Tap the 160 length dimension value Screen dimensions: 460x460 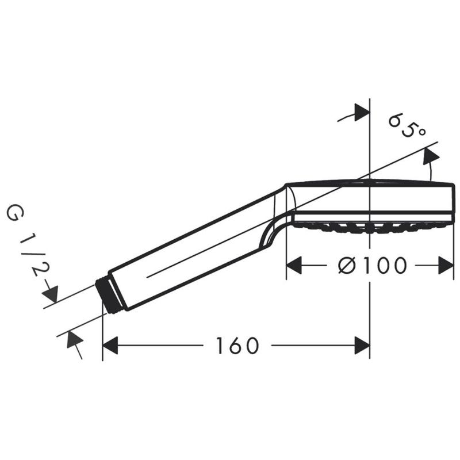(x=237, y=346)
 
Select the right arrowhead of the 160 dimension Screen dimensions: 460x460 (x=362, y=346)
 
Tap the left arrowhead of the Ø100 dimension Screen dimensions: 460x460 (x=294, y=266)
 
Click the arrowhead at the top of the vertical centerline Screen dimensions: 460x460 (x=362, y=113)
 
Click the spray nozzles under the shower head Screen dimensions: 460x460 (x=368, y=226)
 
